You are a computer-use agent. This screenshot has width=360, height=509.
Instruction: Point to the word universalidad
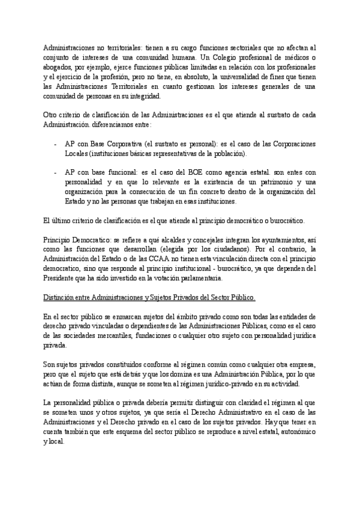click(x=262, y=77)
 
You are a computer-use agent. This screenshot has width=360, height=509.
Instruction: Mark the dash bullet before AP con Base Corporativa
click(x=56, y=145)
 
